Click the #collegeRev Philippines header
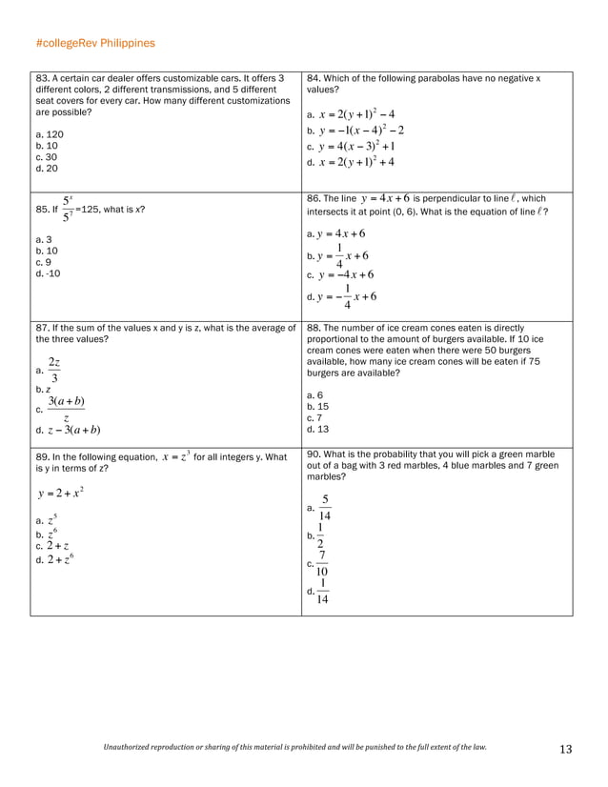[x=94, y=44]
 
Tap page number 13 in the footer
[x=565, y=750]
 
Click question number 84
[x=315, y=78]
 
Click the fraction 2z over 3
[x=54, y=370]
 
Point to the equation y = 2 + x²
[x=61, y=493]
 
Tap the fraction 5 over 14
[x=325, y=508]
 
